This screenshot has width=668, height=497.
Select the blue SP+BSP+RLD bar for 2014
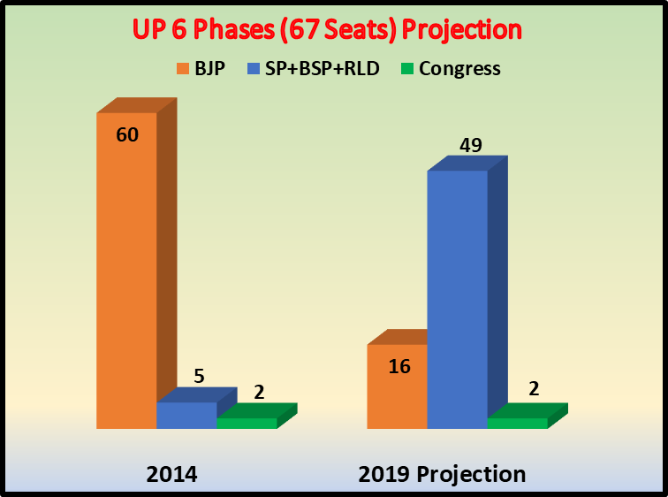coord(186,415)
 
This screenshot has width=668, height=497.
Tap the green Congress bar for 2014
coord(247,423)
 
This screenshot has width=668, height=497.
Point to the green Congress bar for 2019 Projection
coord(517,423)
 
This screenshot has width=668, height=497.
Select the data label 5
coord(199,376)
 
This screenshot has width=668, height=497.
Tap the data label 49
coord(470,145)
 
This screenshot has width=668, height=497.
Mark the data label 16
coord(399,365)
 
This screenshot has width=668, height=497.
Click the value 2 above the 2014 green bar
coord(259,391)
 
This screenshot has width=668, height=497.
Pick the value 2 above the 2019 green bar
coord(534,390)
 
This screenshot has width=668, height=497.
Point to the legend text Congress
coord(459,69)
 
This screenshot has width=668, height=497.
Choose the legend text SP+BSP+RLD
coord(322,69)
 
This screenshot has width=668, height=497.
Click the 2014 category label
coord(171,474)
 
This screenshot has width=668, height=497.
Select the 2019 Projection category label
coord(442,474)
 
